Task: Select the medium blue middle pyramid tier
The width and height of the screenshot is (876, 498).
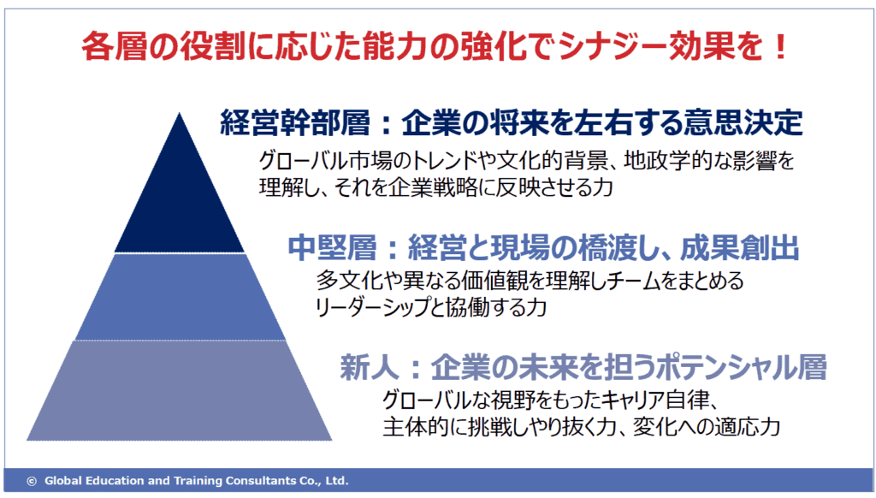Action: (181, 297)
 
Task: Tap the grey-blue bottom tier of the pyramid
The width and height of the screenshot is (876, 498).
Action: (180, 390)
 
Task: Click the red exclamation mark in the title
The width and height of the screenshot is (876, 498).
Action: (780, 46)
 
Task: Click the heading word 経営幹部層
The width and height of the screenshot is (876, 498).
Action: (295, 122)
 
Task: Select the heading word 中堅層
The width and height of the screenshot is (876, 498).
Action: (333, 247)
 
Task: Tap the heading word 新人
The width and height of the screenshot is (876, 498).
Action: (370, 368)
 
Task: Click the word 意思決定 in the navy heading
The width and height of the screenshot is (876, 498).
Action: (744, 122)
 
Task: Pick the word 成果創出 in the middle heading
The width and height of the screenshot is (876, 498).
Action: (740, 247)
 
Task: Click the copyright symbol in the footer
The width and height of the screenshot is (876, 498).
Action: (32, 481)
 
